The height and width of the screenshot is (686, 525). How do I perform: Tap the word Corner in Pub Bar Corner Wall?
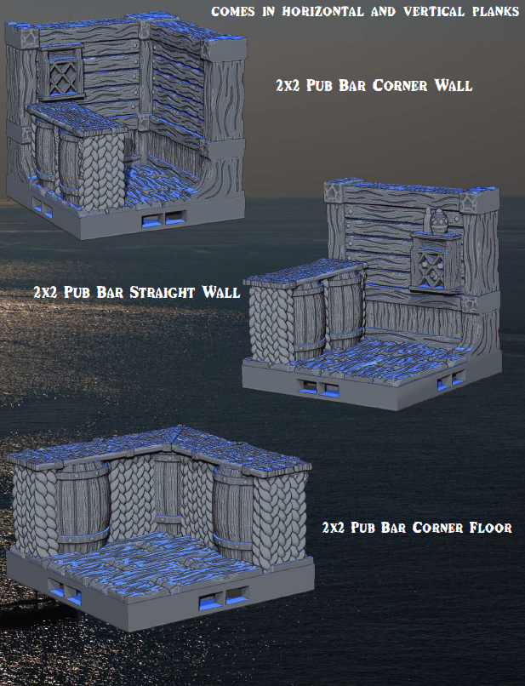coord(399,85)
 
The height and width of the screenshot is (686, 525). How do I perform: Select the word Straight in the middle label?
coord(162,292)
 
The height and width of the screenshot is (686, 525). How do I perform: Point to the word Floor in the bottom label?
coord(490,527)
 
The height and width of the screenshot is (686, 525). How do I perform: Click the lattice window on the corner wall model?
coord(60,72)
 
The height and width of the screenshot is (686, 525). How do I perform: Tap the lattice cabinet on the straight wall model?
coord(436,263)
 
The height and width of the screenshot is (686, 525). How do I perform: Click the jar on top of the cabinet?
coord(438,221)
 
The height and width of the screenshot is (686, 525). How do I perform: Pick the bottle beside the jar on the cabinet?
coord(426,222)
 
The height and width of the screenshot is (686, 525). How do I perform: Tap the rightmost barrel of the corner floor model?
coord(233,511)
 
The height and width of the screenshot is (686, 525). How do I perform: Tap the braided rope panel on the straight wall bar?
coord(272,323)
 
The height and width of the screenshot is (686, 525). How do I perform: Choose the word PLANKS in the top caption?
coord(496,11)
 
